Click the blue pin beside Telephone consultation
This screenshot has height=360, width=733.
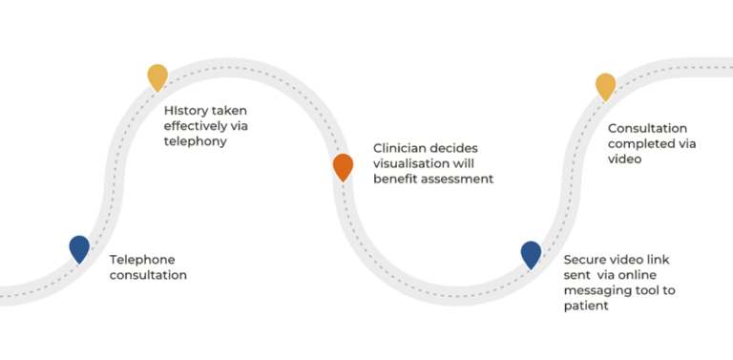79,248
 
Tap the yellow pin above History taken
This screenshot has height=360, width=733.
157,76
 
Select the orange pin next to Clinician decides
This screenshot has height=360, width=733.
344,166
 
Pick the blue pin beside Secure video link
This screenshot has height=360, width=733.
531,253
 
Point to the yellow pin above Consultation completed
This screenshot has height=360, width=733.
606,85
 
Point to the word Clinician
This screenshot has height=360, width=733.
401,148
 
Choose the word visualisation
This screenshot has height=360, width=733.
410,163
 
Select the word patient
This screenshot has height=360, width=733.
586,307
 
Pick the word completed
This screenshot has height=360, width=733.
641,144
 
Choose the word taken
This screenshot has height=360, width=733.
229,110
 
